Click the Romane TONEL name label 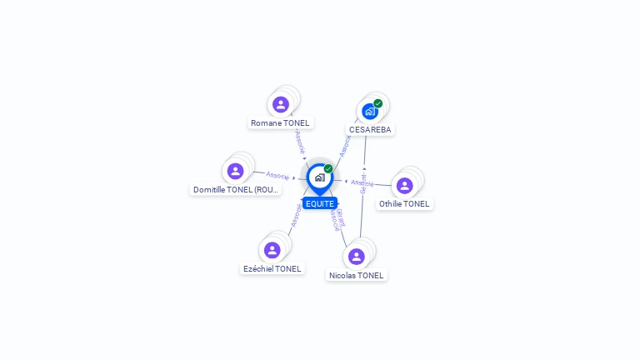point(280,122)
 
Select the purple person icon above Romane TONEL point(281,104)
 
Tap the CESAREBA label point(370,129)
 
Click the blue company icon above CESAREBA point(370,111)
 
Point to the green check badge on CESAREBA point(378,103)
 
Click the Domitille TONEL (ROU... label point(236,189)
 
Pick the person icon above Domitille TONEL point(236,171)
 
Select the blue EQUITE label point(320,203)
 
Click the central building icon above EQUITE point(319,177)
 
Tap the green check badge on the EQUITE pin point(328,168)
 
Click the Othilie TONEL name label point(405,203)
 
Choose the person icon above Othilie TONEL point(405,185)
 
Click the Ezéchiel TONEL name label point(272,268)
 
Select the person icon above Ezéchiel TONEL point(272,250)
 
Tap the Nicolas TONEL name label point(357,275)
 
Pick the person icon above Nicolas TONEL point(357,256)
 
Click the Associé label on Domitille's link point(277,175)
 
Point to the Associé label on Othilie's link point(362,182)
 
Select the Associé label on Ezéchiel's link point(296,215)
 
